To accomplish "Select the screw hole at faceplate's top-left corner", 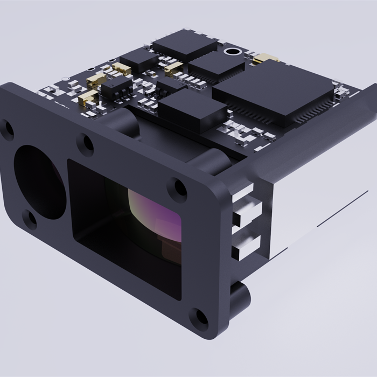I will click(x=7, y=128).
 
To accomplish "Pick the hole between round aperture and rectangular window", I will click(x=85, y=143).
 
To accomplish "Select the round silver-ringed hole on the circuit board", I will click(x=233, y=53).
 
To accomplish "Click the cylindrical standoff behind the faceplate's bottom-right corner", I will click(x=240, y=296).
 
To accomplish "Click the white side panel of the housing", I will click(x=318, y=215).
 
